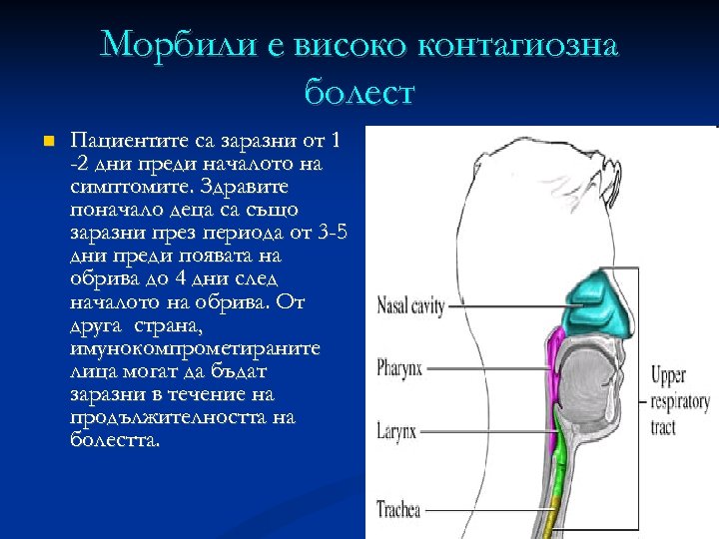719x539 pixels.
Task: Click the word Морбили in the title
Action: coord(170,46)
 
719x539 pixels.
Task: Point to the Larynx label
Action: coord(402,432)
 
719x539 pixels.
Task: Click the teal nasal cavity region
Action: coord(598,304)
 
